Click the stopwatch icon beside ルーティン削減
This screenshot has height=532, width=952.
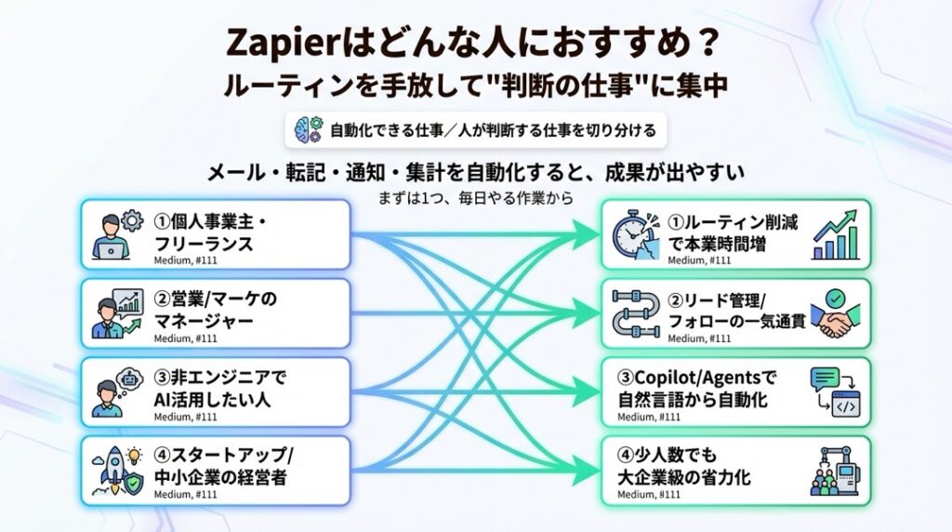638,235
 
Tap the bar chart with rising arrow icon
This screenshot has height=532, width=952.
834,237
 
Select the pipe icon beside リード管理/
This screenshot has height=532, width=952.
638,313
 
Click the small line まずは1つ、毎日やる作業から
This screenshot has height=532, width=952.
474,197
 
